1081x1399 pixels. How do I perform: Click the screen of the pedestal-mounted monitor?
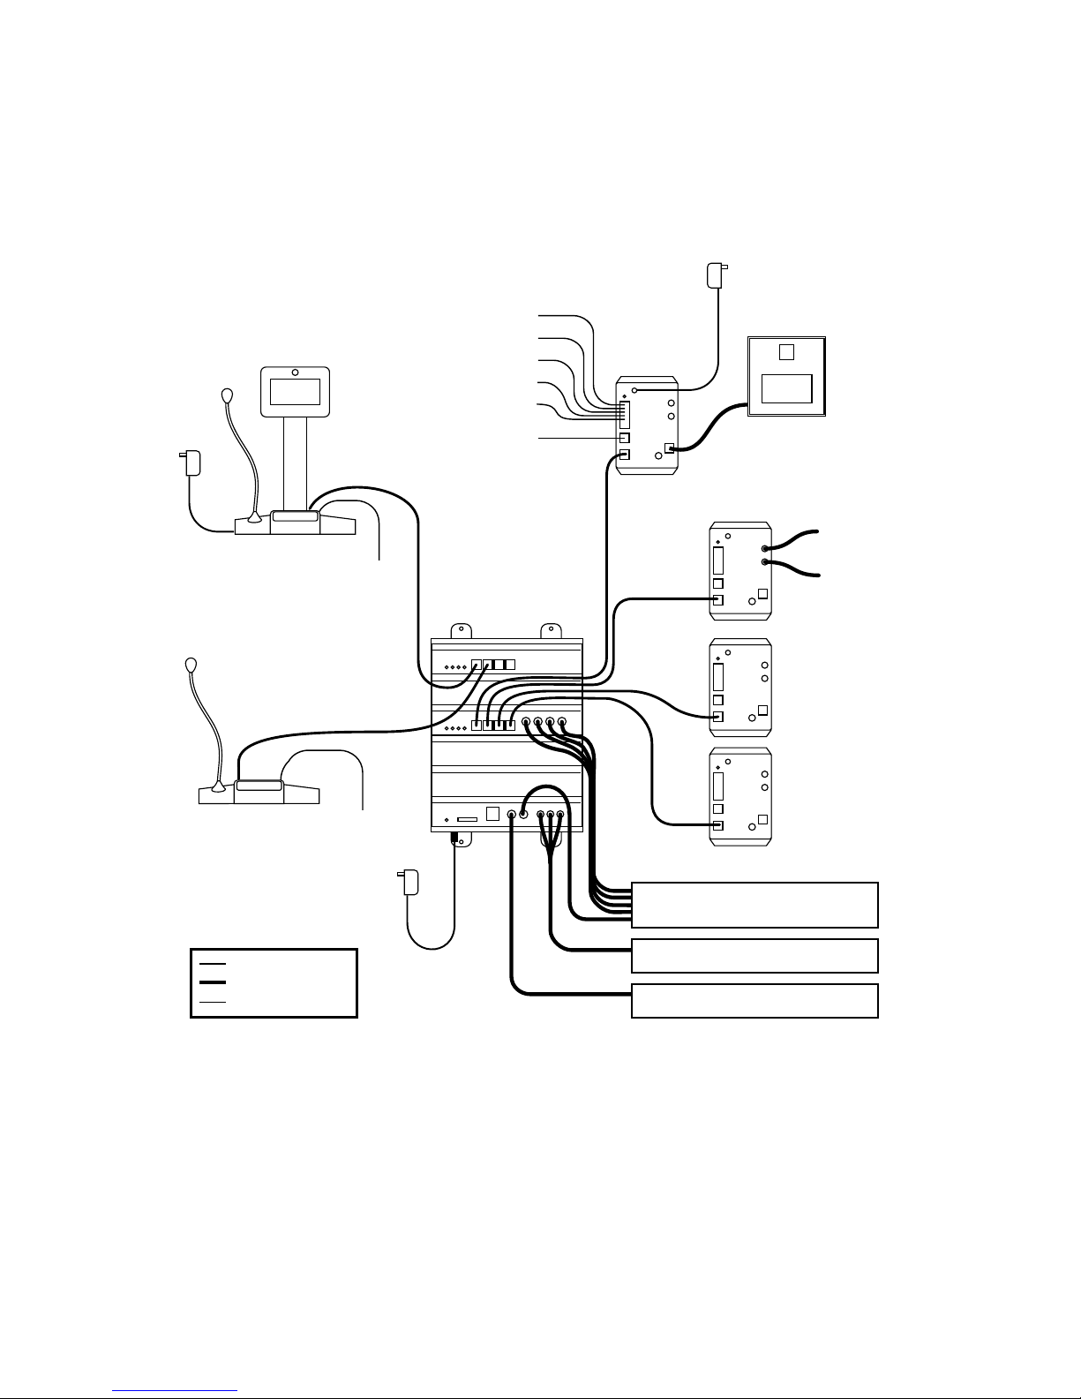click(x=295, y=390)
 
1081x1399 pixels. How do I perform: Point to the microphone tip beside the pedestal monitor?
click(x=227, y=395)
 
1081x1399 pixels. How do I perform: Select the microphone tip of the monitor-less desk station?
click(x=191, y=665)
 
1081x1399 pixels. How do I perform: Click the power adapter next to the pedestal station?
click(x=191, y=463)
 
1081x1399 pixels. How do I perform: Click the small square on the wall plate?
click(x=787, y=352)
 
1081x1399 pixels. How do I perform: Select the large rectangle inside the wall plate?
click(x=787, y=389)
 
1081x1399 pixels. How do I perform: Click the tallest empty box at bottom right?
click(x=754, y=904)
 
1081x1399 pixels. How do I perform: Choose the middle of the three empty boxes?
click(x=754, y=955)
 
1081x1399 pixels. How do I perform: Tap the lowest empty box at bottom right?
click(x=754, y=1000)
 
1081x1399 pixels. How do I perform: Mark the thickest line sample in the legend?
click(x=213, y=982)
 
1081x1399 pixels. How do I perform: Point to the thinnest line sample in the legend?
click(x=213, y=1003)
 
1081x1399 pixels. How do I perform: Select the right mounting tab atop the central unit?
click(x=551, y=630)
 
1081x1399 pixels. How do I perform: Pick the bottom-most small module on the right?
click(x=741, y=796)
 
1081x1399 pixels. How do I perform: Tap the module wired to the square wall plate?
click(x=647, y=426)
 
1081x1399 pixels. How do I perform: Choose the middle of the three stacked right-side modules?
click(x=741, y=688)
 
